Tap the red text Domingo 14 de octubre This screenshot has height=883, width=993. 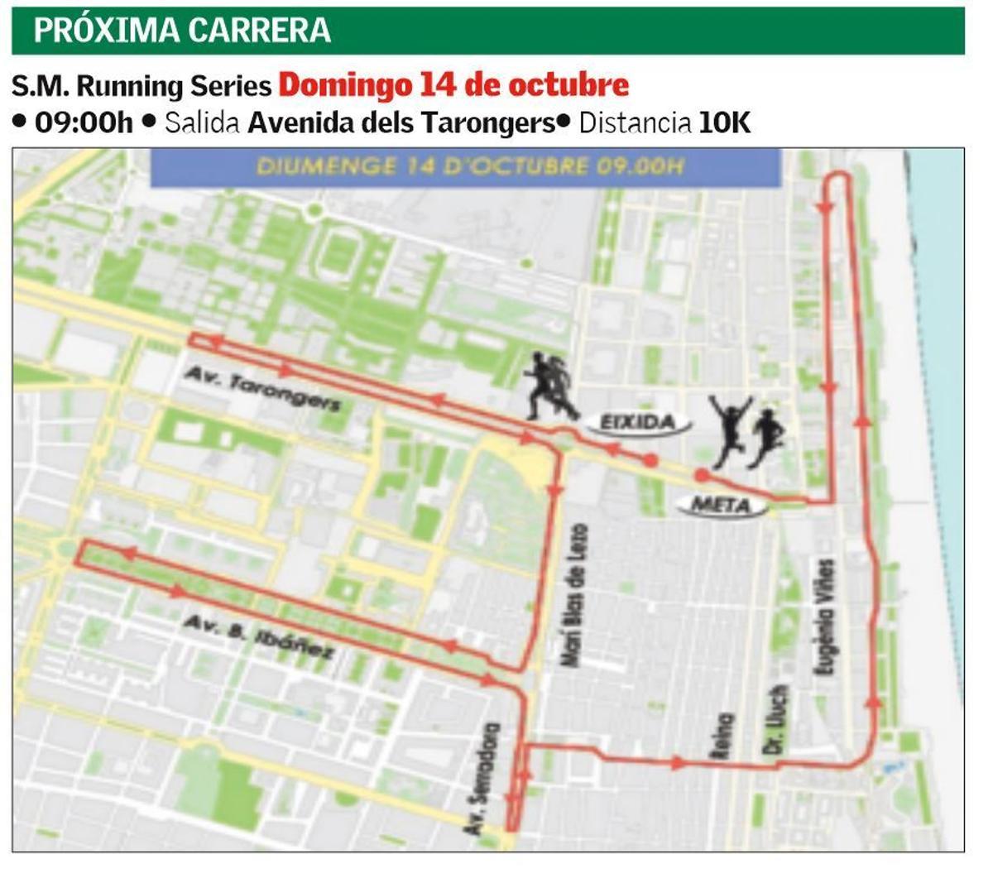pos(453,84)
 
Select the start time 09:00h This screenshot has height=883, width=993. pos(84,122)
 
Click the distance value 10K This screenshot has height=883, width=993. pos(725,122)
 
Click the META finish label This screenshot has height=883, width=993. pos(720,504)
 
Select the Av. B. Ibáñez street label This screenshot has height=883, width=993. pos(258,637)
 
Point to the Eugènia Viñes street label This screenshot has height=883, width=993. pos(825,616)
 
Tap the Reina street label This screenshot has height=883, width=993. pos(722,735)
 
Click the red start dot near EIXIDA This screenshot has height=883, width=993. pos(651,460)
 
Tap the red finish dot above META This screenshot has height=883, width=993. pos(702,475)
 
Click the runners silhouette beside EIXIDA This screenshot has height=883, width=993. pos(550,385)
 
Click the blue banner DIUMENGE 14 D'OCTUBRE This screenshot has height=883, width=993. pos(466,166)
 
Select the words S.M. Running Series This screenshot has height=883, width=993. pos(142,85)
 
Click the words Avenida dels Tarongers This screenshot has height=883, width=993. pos(401,122)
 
